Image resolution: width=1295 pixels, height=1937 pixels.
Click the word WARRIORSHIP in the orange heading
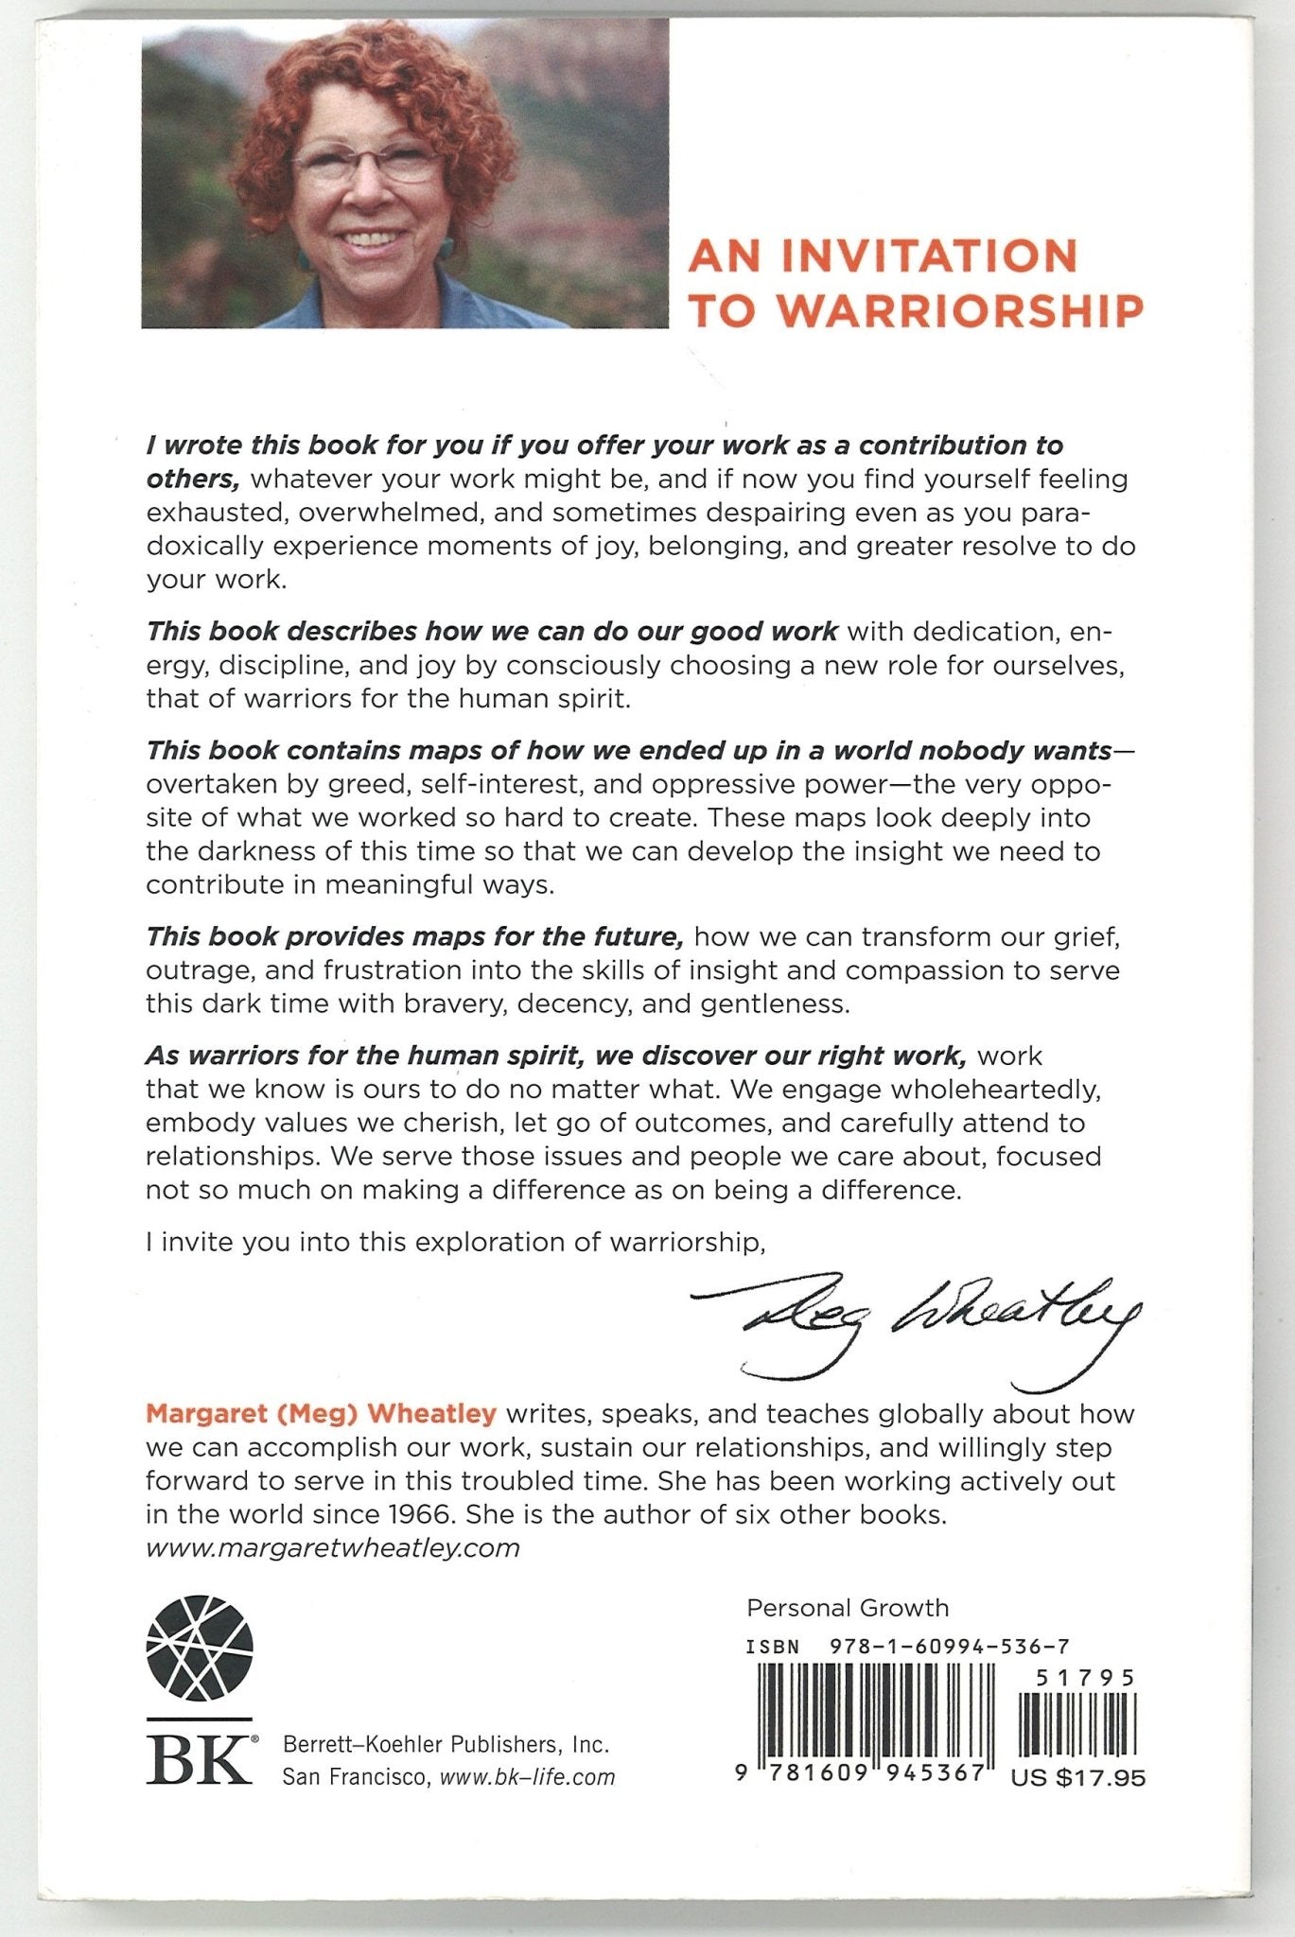tap(964, 310)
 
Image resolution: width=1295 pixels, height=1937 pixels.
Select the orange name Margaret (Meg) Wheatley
tap(321, 1414)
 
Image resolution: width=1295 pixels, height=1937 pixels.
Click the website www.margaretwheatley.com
tap(333, 1547)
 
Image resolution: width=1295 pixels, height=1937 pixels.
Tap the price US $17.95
tap(1077, 1778)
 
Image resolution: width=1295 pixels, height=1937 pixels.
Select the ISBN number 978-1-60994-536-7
tap(949, 1646)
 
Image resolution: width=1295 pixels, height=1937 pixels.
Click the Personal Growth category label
tap(847, 1607)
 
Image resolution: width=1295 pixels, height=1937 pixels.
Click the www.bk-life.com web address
tap(527, 1777)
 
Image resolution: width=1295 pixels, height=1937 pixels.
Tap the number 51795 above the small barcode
tap(1084, 1679)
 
